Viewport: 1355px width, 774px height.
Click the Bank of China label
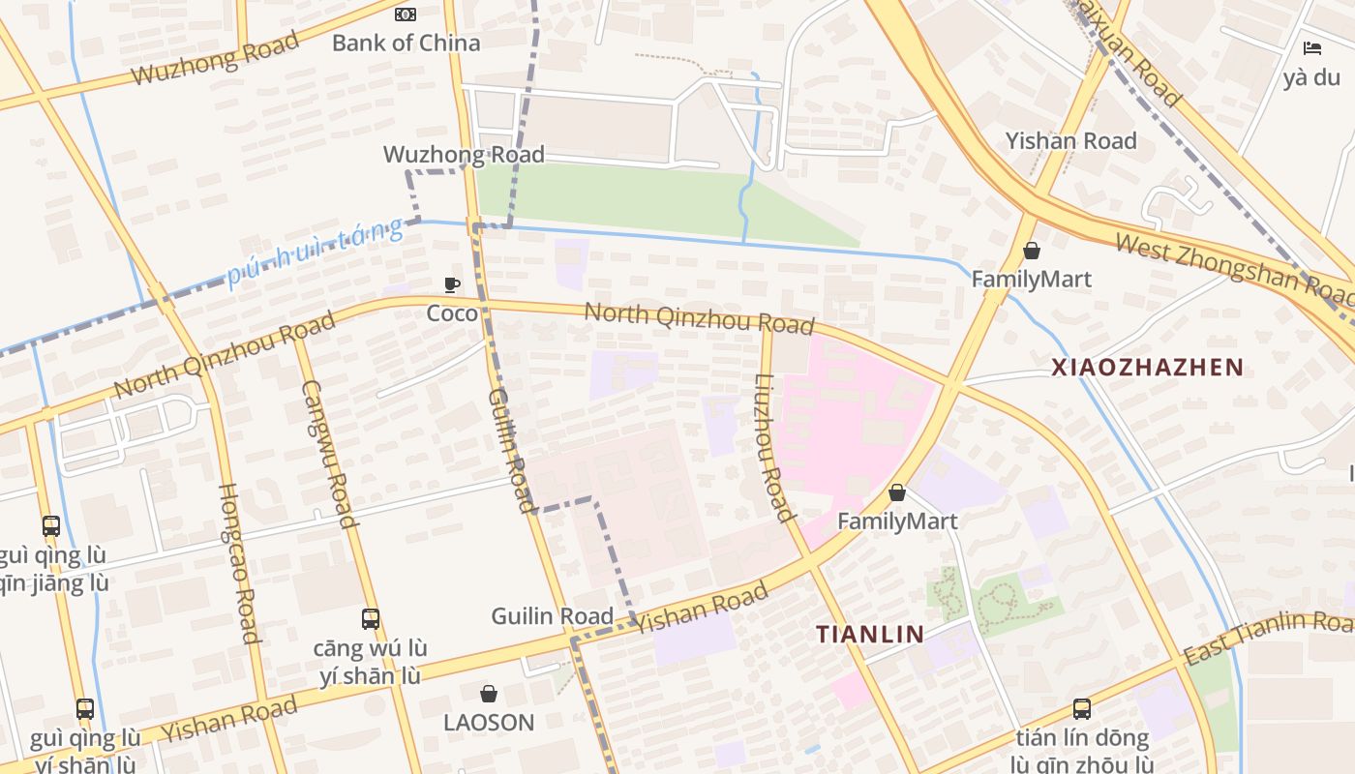click(406, 43)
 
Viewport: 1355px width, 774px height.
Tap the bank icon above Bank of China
click(406, 14)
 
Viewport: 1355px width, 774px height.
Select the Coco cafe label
click(452, 313)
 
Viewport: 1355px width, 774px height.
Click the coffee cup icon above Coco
click(452, 284)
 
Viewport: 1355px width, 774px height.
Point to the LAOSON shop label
click(489, 723)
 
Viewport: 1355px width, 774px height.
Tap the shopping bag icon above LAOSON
click(489, 694)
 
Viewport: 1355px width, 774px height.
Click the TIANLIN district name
click(869, 635)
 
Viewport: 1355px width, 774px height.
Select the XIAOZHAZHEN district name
click(1147, 367)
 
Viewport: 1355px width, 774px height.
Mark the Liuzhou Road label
click(769, 447)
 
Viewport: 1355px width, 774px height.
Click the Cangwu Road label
click(329, 453)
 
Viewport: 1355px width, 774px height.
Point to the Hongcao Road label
click(238, 563)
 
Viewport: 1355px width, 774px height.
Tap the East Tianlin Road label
click(1268, 636)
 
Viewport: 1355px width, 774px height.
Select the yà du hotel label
click(1311, 77)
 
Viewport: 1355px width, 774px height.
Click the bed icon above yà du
click(1311, 47)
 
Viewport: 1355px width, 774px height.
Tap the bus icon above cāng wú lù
click(371, 618)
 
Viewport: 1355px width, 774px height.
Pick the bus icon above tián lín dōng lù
click(1082, 708)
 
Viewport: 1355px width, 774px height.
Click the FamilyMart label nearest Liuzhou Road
click(897, 521)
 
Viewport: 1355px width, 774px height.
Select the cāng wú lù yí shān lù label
click(371, 662)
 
